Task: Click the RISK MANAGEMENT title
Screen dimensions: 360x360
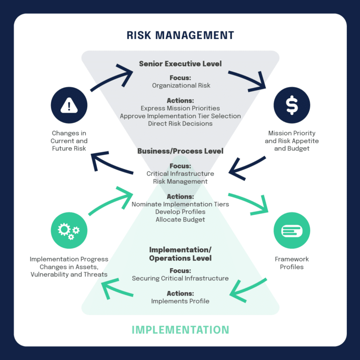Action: coord(180,35)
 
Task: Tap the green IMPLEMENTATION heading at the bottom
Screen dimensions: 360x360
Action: coord(180,330)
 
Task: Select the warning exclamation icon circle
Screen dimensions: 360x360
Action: coord(69,105)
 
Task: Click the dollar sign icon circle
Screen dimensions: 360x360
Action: coord(292,105)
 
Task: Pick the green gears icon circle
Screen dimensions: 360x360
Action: coord(69,230)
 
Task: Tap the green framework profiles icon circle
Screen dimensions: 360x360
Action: coord(292,230)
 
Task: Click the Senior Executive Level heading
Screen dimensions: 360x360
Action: coord(180,63)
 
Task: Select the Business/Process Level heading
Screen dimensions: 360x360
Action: coord(180,151)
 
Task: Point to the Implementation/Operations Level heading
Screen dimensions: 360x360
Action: coord(180,254)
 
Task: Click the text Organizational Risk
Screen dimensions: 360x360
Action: coord(180,85)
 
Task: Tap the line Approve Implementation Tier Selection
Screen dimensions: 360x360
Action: coord(180,116)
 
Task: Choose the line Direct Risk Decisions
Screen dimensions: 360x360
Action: coord(180,123)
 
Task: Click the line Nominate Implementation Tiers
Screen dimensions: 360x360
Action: coord(180,204)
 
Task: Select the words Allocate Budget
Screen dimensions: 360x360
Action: coord(180,219)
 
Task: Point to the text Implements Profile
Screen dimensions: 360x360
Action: coord(180,301)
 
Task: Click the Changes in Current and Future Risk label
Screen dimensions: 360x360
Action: coord(69,141)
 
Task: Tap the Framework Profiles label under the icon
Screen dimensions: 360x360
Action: coord(292,263)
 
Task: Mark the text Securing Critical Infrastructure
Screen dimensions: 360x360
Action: coord(180,278)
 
